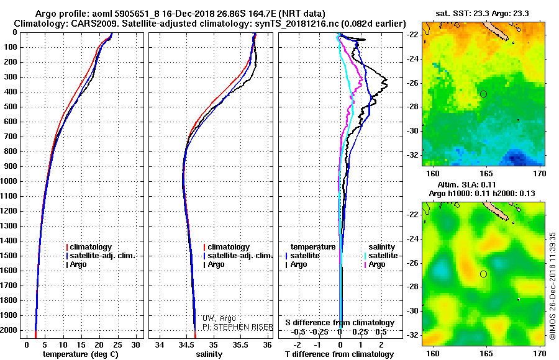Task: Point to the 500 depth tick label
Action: tap(9, 107)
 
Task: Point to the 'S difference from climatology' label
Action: tap(340, 323)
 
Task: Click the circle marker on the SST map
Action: tap(484, 94)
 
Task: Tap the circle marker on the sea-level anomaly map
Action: tap(484, 274)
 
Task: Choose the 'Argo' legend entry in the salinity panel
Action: tap(216, 264)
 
